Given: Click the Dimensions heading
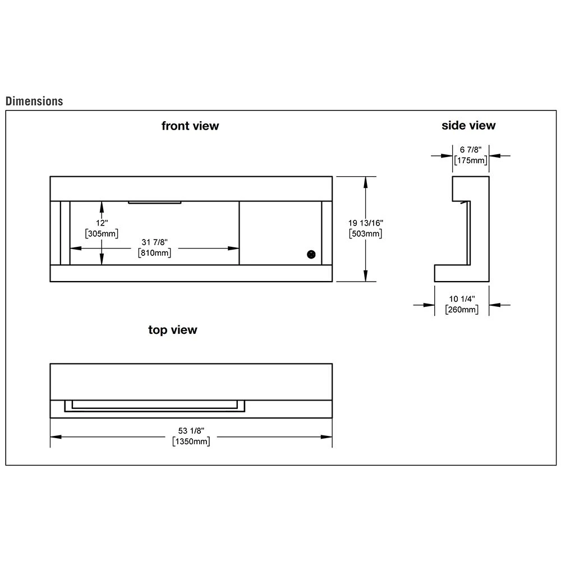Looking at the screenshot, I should click(x=34, y=102).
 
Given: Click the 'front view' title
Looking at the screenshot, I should click(x=190, y=126).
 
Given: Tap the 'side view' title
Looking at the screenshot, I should click(x=468, y=125).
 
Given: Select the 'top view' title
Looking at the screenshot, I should click(x=173, y=330).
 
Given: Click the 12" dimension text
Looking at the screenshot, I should click(x=102, y=223).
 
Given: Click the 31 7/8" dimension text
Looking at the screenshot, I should click(x=154, y=242).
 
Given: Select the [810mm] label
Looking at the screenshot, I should click(x=154, y=253).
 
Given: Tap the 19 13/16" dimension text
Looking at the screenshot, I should click(x=366, y=223).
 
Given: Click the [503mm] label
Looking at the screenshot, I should click(x=366, y=234).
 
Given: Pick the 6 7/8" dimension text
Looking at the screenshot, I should click(x=470, y=150).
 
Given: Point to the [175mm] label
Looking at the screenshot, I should click(x=470, y=161).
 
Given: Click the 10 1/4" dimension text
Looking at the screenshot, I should click(x=462, y=298).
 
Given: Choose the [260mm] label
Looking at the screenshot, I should click(x=462, y=310).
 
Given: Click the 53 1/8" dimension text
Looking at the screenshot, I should click(x=191, y=431).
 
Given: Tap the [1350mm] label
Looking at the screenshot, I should click(x=191, y=442).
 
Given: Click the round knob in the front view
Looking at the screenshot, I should click(x=310, y=254).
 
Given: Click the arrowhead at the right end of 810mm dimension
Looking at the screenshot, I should click(x=236, y=248).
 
